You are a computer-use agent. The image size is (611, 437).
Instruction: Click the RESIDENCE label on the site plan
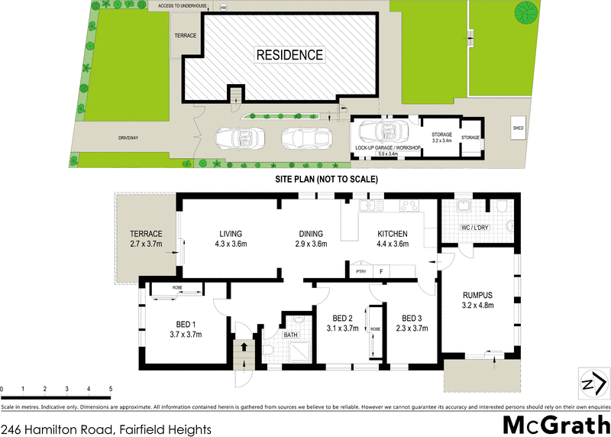[x=289, y=55]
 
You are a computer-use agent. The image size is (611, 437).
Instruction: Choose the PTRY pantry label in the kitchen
[x=361, y=271]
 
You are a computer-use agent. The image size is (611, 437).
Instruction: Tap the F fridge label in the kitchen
[x=380, y=271]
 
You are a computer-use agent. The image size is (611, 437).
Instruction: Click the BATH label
[x=290, y=335]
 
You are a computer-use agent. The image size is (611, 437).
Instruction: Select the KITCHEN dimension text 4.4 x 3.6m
[x=393, y=244]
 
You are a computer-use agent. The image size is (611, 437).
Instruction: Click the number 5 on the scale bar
[x=111, y=390]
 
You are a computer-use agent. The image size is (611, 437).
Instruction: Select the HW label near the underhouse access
[x=224, y=8]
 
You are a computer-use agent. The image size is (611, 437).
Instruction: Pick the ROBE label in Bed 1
[x=177, y=288]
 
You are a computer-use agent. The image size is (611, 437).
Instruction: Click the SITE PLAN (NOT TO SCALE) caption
[x=327, y=179]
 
